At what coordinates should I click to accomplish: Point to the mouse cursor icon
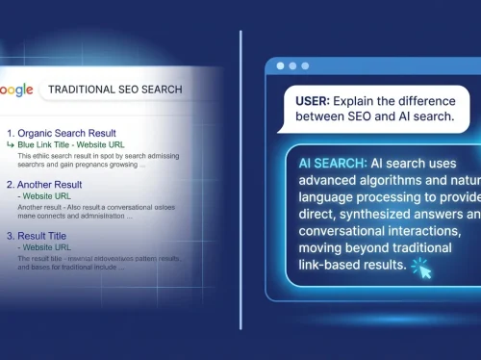pos(420,270)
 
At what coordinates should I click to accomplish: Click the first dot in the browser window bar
pos(280,66)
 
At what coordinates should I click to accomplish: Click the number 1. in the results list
pos(12,133)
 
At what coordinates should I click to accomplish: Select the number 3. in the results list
pos(12,234)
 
